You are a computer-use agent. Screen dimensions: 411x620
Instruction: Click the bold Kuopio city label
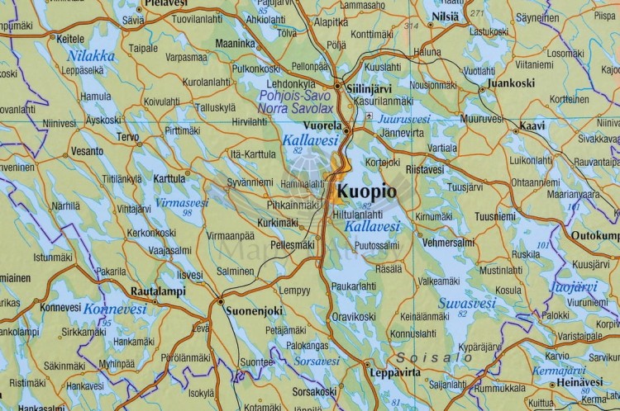(x=367, y=192)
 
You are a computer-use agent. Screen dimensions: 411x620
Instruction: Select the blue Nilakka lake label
(x=92, y=56)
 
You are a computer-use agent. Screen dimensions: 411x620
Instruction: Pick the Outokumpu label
(x=594, y=234)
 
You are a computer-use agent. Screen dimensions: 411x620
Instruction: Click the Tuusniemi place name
(x=496, y=216)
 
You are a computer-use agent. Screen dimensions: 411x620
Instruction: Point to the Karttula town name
(x=169, y=177)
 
